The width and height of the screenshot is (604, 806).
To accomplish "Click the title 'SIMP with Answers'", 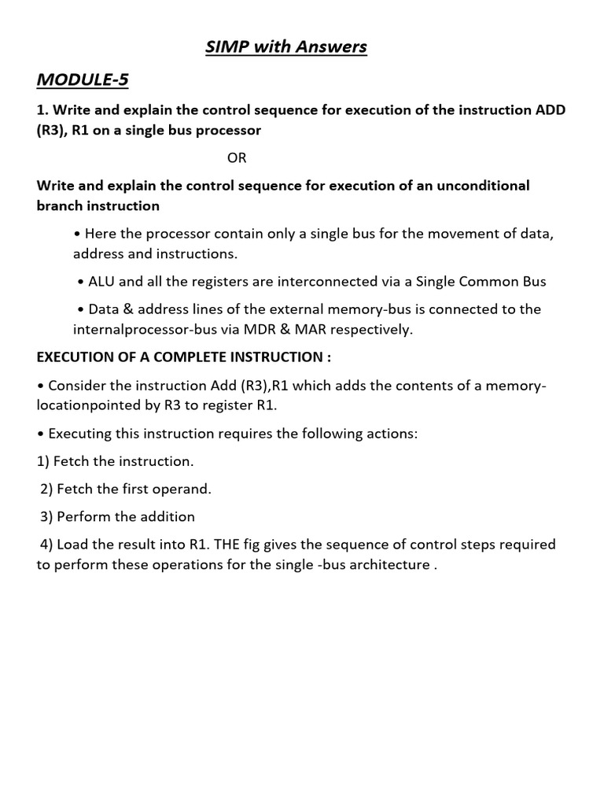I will click(x=286, y=47).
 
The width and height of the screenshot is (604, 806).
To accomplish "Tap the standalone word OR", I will click(x=237, y=157).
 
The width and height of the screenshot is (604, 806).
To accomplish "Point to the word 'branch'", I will click(x=62, y=206).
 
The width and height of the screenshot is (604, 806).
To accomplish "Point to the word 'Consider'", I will click(x=75, y=385).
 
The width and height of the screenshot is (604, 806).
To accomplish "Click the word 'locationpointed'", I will click(x=87, y=406).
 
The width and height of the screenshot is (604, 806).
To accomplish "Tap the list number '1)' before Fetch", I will click(x=44, y=461).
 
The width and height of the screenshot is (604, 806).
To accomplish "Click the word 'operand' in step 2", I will click(x=186, y=489).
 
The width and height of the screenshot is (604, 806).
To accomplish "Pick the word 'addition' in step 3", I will click(x=168, y=517).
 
